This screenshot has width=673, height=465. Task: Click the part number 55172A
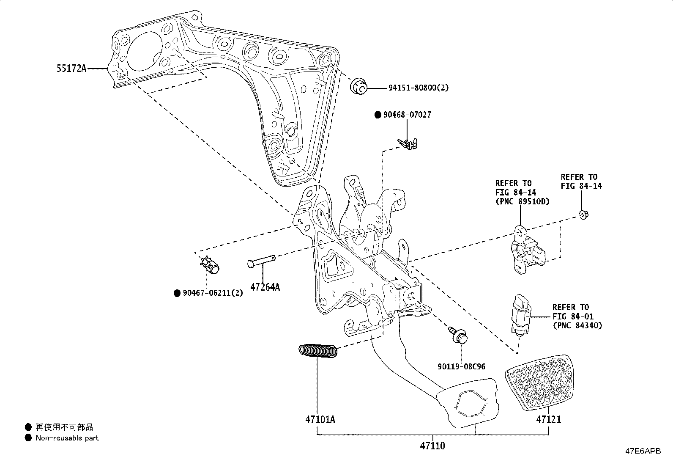(71, 68)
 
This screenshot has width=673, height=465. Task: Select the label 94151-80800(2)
(418, 88)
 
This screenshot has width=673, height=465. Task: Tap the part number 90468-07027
(407, 115)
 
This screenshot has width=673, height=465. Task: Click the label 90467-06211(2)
(213, 293)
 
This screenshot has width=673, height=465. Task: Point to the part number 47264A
(265, 287)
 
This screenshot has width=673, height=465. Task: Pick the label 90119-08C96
(461, 366)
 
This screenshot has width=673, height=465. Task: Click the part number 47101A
(320, 419)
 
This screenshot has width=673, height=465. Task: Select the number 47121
(549, 419)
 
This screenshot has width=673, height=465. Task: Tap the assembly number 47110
(432, 446)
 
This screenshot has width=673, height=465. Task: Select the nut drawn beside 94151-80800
(358, 87)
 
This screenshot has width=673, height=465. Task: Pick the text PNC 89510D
(523, 201)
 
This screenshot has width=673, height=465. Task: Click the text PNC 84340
(577, 325)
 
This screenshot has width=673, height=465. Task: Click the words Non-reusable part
(67, 438)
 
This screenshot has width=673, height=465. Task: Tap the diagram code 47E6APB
(643, 451)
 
